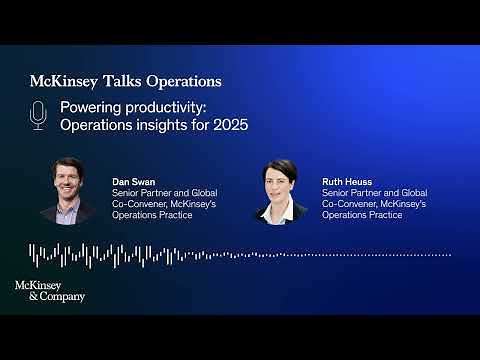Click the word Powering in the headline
click(89, 107)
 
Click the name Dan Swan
click(129, 181)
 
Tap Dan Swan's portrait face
click(69, 180)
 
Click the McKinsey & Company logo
click(50, 290)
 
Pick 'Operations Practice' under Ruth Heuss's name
click(364, 215)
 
